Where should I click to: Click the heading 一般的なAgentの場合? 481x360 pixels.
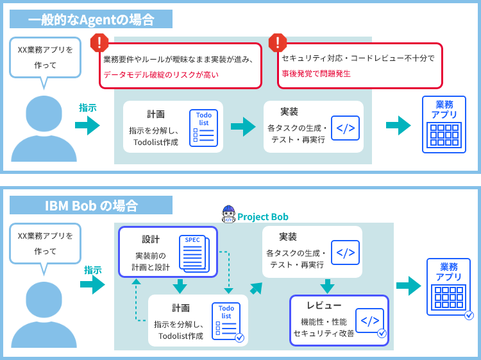[91, 19]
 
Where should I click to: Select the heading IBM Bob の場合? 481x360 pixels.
[91, 205]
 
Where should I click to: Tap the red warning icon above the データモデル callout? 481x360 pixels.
[99, 43]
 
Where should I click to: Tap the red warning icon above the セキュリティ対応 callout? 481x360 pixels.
[277, 43]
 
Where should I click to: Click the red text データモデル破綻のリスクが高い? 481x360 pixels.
[161, 74]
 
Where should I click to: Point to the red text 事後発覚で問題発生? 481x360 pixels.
[316, 74]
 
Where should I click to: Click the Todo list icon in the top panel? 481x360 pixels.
[204, 126]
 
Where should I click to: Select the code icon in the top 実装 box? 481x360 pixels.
[345, 128]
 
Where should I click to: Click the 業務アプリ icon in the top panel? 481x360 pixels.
[444, 124]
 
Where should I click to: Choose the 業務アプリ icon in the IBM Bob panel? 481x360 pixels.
[449, 287]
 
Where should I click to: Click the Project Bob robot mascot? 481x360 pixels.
[228, 214]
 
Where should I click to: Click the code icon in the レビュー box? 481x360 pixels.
[369, 320]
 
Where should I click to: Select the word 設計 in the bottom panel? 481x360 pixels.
[151, 239]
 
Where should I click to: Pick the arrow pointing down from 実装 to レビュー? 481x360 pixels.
[328, 286]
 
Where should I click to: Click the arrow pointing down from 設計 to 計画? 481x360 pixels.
[180, 286]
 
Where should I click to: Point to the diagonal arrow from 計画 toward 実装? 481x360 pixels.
[256, 288]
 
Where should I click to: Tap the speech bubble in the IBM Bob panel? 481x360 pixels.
[45, 243]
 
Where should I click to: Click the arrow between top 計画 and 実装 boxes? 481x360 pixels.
[243, 126]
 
